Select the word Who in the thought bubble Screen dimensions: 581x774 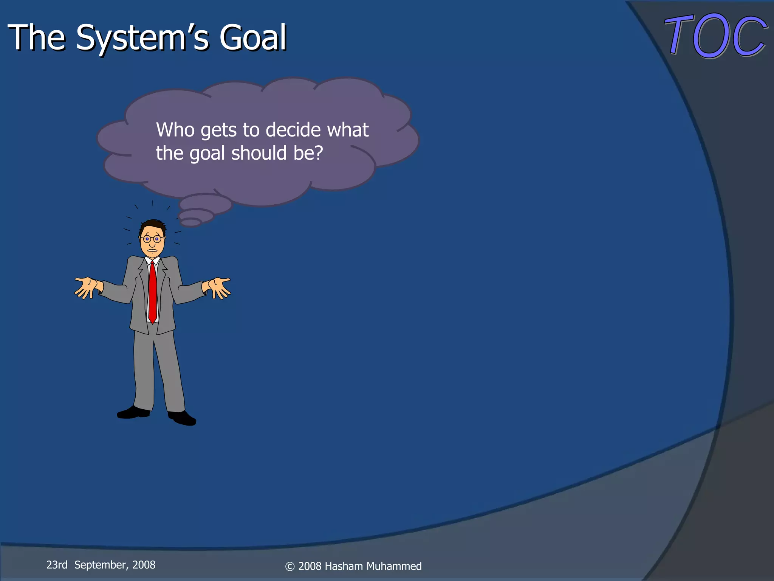tap(175, 130)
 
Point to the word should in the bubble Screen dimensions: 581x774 tap(259, 153)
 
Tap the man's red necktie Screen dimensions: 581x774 tap(152, 291)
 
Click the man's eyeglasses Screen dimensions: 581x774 tap(152, 239)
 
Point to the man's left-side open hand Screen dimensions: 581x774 tap(87, 287)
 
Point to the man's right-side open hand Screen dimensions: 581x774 tap(218, 287)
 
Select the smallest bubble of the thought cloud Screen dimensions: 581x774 tap(191, 222)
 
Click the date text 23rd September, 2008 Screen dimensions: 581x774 tap(101, 565)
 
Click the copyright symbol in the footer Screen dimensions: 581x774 tap(290, 567)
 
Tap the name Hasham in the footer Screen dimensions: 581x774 tap(344, 566)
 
